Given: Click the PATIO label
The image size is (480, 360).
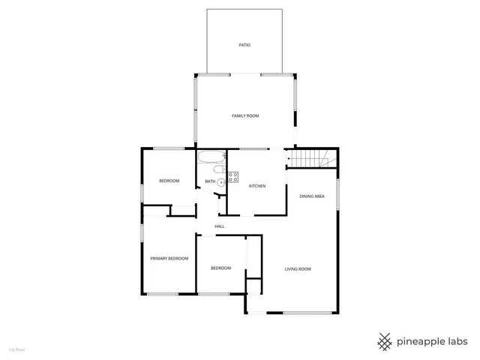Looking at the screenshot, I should click(x=244, y=45).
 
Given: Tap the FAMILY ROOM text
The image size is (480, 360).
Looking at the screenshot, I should click(x=244, y=115).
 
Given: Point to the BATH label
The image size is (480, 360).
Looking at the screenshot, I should click(x=210, y=181).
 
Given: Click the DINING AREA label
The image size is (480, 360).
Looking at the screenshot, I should click(x=311, y=196).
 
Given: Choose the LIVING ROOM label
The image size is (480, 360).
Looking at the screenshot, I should click(x=298, y=268).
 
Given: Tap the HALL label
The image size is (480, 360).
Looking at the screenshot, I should click(x=220, y=226).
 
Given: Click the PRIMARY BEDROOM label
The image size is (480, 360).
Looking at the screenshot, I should click(x=169, y=258).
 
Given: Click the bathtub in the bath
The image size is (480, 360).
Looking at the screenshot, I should click(x=210, y=157).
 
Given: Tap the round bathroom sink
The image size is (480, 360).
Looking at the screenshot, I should click(x=221, y=182).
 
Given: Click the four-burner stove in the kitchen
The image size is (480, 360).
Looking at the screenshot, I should click(x=233, y=177).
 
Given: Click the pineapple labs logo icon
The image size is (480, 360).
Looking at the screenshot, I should click(x=385, y=341).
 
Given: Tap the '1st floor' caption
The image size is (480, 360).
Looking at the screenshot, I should click(x=16, y=349).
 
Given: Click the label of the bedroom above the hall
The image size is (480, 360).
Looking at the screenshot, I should click(x=169, y=181).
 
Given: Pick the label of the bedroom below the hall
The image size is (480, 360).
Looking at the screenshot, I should click(x=220, y=268).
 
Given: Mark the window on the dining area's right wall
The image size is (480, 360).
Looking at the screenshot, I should click(x=337, y=194).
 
